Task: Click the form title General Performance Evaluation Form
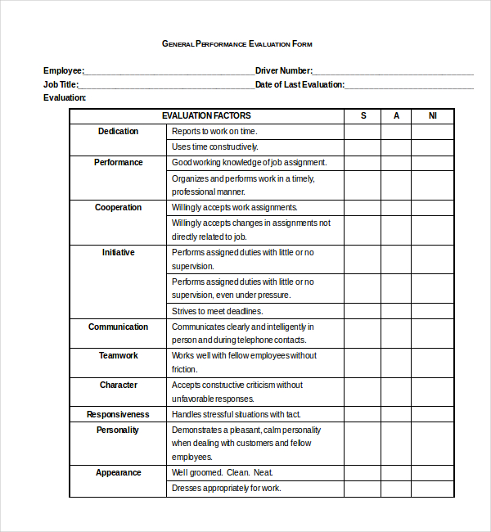click(236, 43)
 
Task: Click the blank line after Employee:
click(168, 71)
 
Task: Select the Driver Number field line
click(393, 71)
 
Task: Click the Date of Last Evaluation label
click(300, 84)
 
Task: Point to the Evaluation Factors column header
click(206, 115)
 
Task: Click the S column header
click(363, 115)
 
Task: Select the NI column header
click(432, 115)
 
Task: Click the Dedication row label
click(118, 131)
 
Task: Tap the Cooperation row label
click(118, 207)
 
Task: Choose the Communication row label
click(118, 327)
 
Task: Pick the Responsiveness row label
click(118, 414)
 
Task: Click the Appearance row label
click(118, 472)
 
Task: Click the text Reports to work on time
click(214, 131)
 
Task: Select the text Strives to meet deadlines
click(217, 311)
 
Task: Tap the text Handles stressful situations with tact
click(236, 414)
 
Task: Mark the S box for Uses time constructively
click(362, 147)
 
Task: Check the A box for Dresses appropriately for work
click(396, 489)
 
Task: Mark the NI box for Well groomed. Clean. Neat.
click(432, 472)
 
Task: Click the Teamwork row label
click(118, 355)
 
